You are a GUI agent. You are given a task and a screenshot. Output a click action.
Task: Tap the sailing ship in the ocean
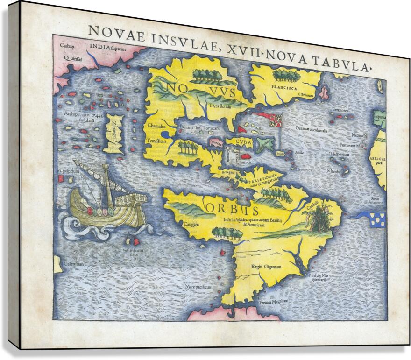pos(107,201)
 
